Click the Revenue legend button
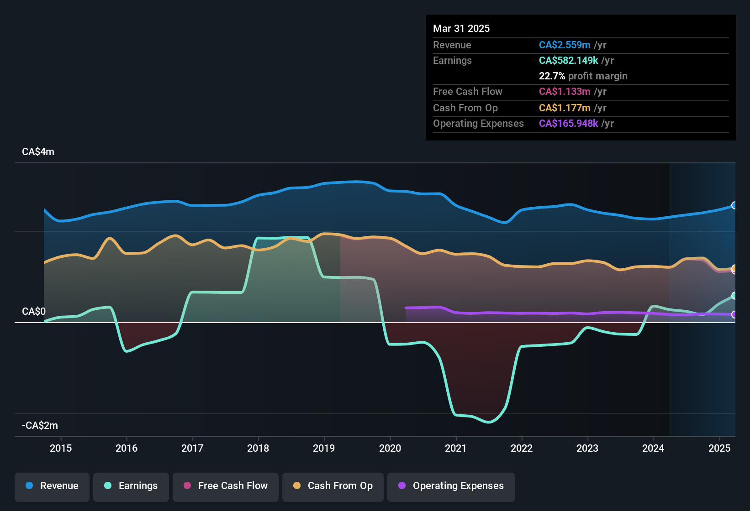tap(52, 486)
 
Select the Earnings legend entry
tap(131, 486)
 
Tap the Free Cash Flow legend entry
tap(226, 486)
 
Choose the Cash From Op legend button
tap(333, 486)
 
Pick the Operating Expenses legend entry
tap(451, 486)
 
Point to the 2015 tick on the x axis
tap(61, 448)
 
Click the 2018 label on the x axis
tap(258, 448)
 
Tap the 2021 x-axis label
tap(456, 448)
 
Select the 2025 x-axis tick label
tap(719, 448)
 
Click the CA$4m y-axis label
tap(38, 152)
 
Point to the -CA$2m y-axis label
tap(40, 426)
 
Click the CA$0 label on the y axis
tap(34, 312)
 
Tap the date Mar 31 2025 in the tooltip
tap(461, 28)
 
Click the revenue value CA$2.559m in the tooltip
tap(565, 45)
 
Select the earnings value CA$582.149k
tap(568, 60)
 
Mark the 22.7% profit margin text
tap(583, 76)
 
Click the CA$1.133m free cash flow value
tap(565, 91)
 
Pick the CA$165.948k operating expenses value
tap(568, 123)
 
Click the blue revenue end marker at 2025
tap(734, 205)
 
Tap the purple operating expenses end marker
tap(734, 314)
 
